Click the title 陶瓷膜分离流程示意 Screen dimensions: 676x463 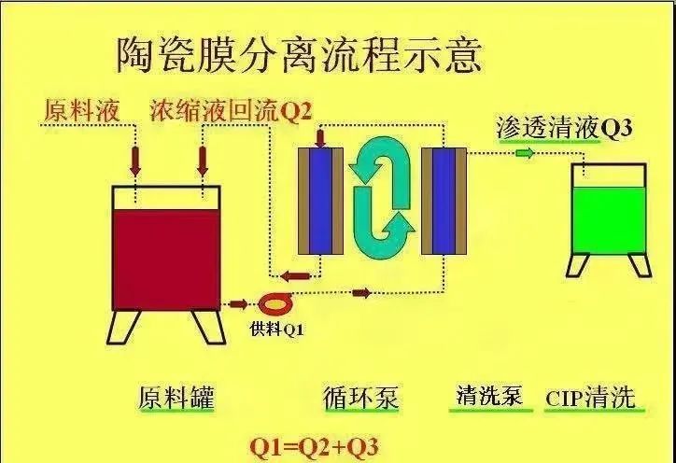tap(299, 56)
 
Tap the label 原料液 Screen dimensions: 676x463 tap(81, 111)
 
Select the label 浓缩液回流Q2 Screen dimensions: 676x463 tap(231, 112)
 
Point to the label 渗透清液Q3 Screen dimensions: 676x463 tap(564, 127)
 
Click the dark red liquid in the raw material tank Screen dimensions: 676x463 tap(166, 260)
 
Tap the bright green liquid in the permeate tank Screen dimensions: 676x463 tap(609, 220)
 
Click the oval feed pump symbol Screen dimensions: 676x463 tap(275, 303)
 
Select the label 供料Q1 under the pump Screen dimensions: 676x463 tap(276, 330)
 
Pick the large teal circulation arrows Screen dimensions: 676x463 tap(382, 198)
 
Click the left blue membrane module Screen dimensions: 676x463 tap(320, 201)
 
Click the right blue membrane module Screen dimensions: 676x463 tap(444, 201)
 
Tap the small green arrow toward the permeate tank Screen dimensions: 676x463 tap(525, 153)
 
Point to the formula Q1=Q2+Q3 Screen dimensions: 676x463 tap(315, 447)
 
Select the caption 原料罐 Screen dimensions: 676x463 tap(176, 397)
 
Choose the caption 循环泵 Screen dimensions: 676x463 tap(361, 397)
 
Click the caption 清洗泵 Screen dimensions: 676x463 tap(490, 395)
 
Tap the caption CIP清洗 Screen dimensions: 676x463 tap(590, 398)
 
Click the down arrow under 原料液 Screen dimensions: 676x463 tap(135, 161)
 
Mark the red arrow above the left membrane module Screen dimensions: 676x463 tap(320, 137)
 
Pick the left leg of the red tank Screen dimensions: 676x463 tap(123, 327)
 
